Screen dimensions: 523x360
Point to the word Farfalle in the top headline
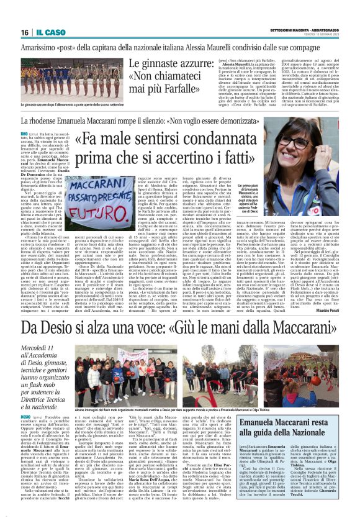pyautogui.click(x=195, y=79)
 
